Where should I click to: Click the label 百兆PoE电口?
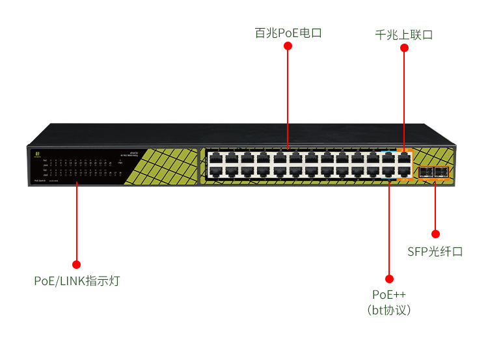(288, 33)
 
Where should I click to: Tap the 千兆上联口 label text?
(404, 35)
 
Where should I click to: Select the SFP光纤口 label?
(435, 252)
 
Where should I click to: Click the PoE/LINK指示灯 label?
(77, 281)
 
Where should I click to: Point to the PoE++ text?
(389, 295)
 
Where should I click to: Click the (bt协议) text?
(389, 310)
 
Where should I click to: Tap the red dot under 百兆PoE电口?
(288, 48)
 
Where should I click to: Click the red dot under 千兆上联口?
(404, 48)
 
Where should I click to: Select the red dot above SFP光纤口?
(435, 234)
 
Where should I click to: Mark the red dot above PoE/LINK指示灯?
(77, 264)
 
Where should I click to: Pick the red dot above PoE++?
(389, 278)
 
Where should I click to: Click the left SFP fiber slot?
(425, 173)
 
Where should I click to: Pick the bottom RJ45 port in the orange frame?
(405, 172)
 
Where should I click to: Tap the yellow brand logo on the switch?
(38, 154)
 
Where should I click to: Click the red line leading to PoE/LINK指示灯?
(77, 221)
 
